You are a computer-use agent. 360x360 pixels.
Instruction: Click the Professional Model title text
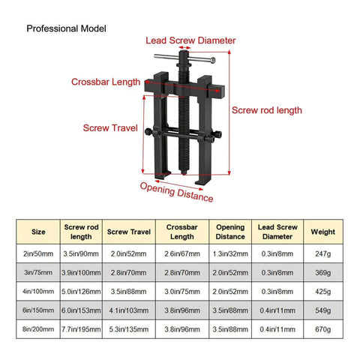coord(66,28)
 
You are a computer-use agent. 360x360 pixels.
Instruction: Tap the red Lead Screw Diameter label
coord(190,40)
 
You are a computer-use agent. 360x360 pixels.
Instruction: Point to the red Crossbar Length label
coord(106,82)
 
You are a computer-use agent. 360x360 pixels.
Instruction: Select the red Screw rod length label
coord(267,110)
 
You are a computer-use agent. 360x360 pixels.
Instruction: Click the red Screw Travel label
coord(110,128)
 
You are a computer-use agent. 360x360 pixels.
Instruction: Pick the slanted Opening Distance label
coord(176,192)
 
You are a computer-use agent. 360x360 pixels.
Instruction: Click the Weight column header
coord(323,232)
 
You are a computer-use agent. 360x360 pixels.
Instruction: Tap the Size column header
coord(38,232)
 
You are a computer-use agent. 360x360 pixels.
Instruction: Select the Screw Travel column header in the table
coord(129,232)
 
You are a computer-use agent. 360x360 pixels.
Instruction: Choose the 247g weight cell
coord(323,253)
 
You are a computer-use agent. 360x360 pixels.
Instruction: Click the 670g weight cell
coord(323,329)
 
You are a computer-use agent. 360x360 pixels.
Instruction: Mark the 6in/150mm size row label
coord(38,310)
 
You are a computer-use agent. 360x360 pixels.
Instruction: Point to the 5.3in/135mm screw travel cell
coord(129,329)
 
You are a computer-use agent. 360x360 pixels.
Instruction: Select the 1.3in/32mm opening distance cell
coord(230,253)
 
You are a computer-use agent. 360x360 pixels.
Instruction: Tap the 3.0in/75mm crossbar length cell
coord(182,292)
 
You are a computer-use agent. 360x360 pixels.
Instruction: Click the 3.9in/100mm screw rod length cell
coord(81,272)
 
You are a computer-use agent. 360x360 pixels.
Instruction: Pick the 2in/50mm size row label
coord(38,253)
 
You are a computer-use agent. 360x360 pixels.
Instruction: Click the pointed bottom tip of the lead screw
coord(184,173)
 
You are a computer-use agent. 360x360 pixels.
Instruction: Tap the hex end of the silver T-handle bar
coord(213,60)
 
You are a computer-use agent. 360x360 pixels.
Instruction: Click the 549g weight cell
coord(323,310)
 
